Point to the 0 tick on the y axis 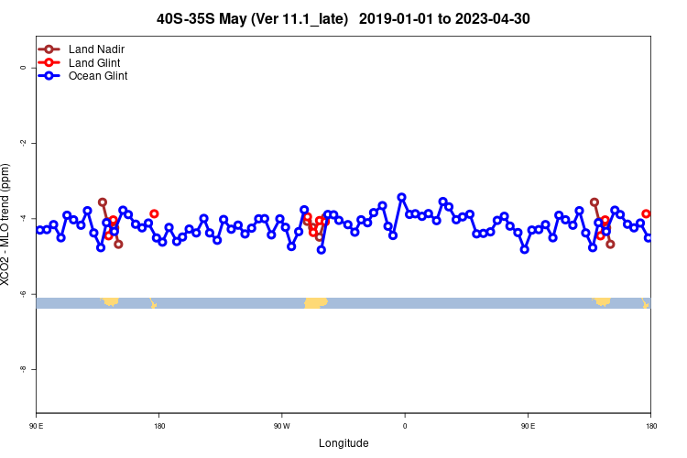tap(22, 67)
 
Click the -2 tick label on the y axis tap(22, 143)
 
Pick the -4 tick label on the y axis tap(22, 218)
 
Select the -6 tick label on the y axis tap(22, 293)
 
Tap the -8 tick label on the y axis tap(22, 368)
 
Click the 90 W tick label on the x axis tap(281, 426)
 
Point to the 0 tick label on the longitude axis tap(405, 426)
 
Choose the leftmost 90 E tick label tap(36, 426)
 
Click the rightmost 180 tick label tap(650, 426)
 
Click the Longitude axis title tap(343, 443)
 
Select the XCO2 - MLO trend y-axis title tap(7, 224)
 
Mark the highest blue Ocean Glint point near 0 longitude tap(401, 197)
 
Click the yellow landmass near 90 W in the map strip tap(315, 302)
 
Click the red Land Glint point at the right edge tap(646, 213)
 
